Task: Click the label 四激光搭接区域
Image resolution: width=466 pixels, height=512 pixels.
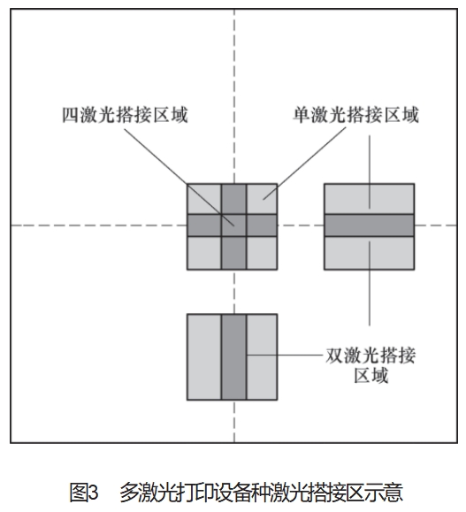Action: click(x=125, y=115)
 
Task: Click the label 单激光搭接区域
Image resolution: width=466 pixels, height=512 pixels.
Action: click(x=355, y=115)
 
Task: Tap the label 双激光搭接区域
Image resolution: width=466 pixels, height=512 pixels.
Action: click(x=371, y=365)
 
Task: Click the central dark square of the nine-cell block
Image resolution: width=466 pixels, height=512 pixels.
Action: click(x=233, y=225)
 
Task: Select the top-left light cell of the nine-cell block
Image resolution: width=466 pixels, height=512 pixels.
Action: click(x=204, y=199)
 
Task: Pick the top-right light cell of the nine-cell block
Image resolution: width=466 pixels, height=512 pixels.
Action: click(x=262, y=199)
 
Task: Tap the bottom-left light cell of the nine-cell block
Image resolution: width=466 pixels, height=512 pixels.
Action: click(x=204, y=253)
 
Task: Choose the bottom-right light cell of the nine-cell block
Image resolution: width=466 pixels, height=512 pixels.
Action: click(x=262, y=253)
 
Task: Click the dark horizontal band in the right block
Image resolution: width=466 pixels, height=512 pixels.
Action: click(x=370, y=225)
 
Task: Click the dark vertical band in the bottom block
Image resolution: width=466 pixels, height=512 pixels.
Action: click(x=233, y=357)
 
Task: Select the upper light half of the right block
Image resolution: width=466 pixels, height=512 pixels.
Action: click(x=370, y=199)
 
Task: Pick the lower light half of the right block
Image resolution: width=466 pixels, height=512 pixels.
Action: click(x=370, y=253)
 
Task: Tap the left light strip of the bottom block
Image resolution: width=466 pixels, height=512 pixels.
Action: click(x=204, y=357)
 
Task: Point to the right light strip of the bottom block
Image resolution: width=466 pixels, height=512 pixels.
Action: click(x=262, y=357)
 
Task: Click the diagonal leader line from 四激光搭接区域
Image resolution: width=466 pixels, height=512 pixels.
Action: click(x=180, y=177)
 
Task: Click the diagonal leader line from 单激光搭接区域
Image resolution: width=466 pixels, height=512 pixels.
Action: click(x=304, y=164)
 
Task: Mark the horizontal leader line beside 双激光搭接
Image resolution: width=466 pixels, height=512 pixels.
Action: click(x=285, y=355)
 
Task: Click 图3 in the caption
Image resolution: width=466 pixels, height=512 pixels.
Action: click(x=84, y=493)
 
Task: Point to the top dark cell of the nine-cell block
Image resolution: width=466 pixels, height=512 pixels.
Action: click(x=233, y=199)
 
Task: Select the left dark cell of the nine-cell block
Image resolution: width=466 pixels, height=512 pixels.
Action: click(x=204, y=225)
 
